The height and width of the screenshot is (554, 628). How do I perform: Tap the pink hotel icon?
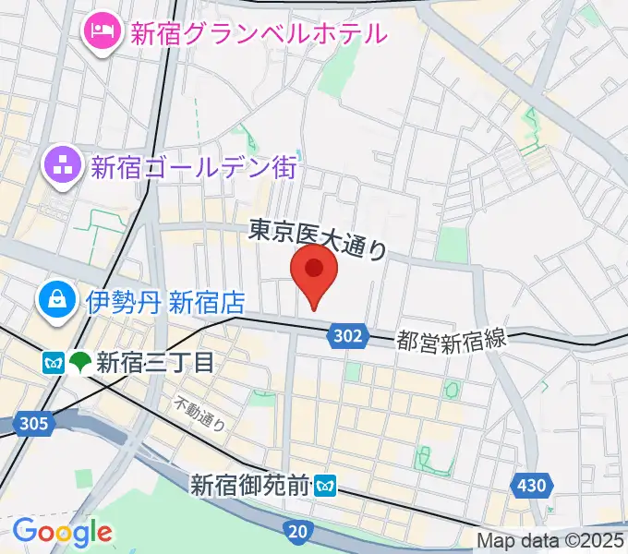[100, 32]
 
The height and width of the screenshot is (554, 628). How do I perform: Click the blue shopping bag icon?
[57, 298]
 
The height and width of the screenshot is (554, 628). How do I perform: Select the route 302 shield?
[344, 338]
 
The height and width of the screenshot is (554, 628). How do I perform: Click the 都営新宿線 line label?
[452, 339]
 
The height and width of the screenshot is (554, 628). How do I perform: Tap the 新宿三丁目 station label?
[155, 360]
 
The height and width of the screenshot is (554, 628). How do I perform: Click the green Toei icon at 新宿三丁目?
[80, 361]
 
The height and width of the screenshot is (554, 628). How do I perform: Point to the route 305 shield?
[32, 424]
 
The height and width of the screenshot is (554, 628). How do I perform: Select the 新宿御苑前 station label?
[249, 483]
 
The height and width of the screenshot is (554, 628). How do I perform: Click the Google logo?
[62, 531]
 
